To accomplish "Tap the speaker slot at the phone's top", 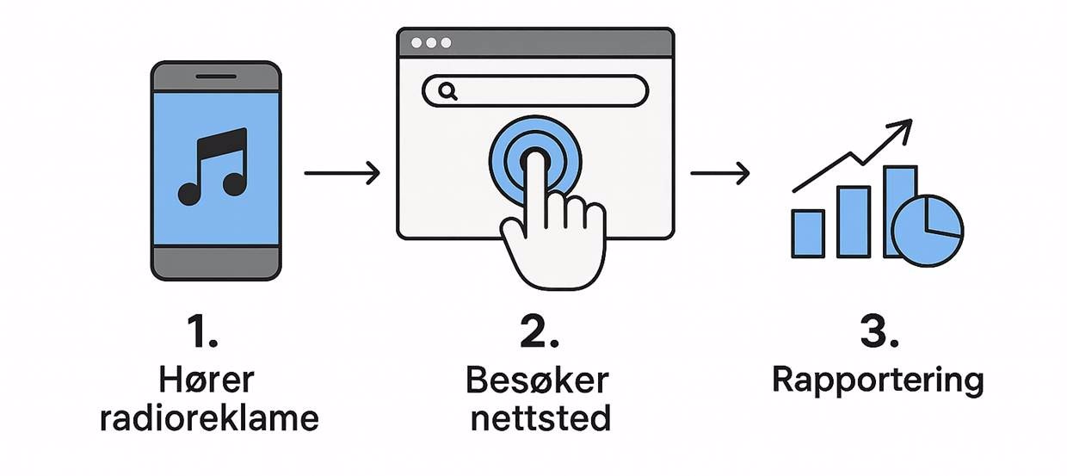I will [x=216, y=77].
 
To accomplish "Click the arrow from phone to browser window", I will [x=342, y=173].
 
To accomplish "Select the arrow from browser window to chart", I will [x=719, y=173].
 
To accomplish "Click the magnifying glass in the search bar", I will [x=447, y=90].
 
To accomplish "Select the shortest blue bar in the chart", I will [x=808, y=233].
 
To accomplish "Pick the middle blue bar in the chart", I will [x=853, y=221].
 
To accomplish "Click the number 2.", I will [x=538, y=332].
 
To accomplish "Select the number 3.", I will [x=878, y=332].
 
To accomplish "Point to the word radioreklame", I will [x=209, y=418].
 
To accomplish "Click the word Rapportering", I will [x=877, y=380].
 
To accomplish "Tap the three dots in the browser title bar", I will [x=431, y=42].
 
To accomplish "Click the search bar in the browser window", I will [x=551, y=90].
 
